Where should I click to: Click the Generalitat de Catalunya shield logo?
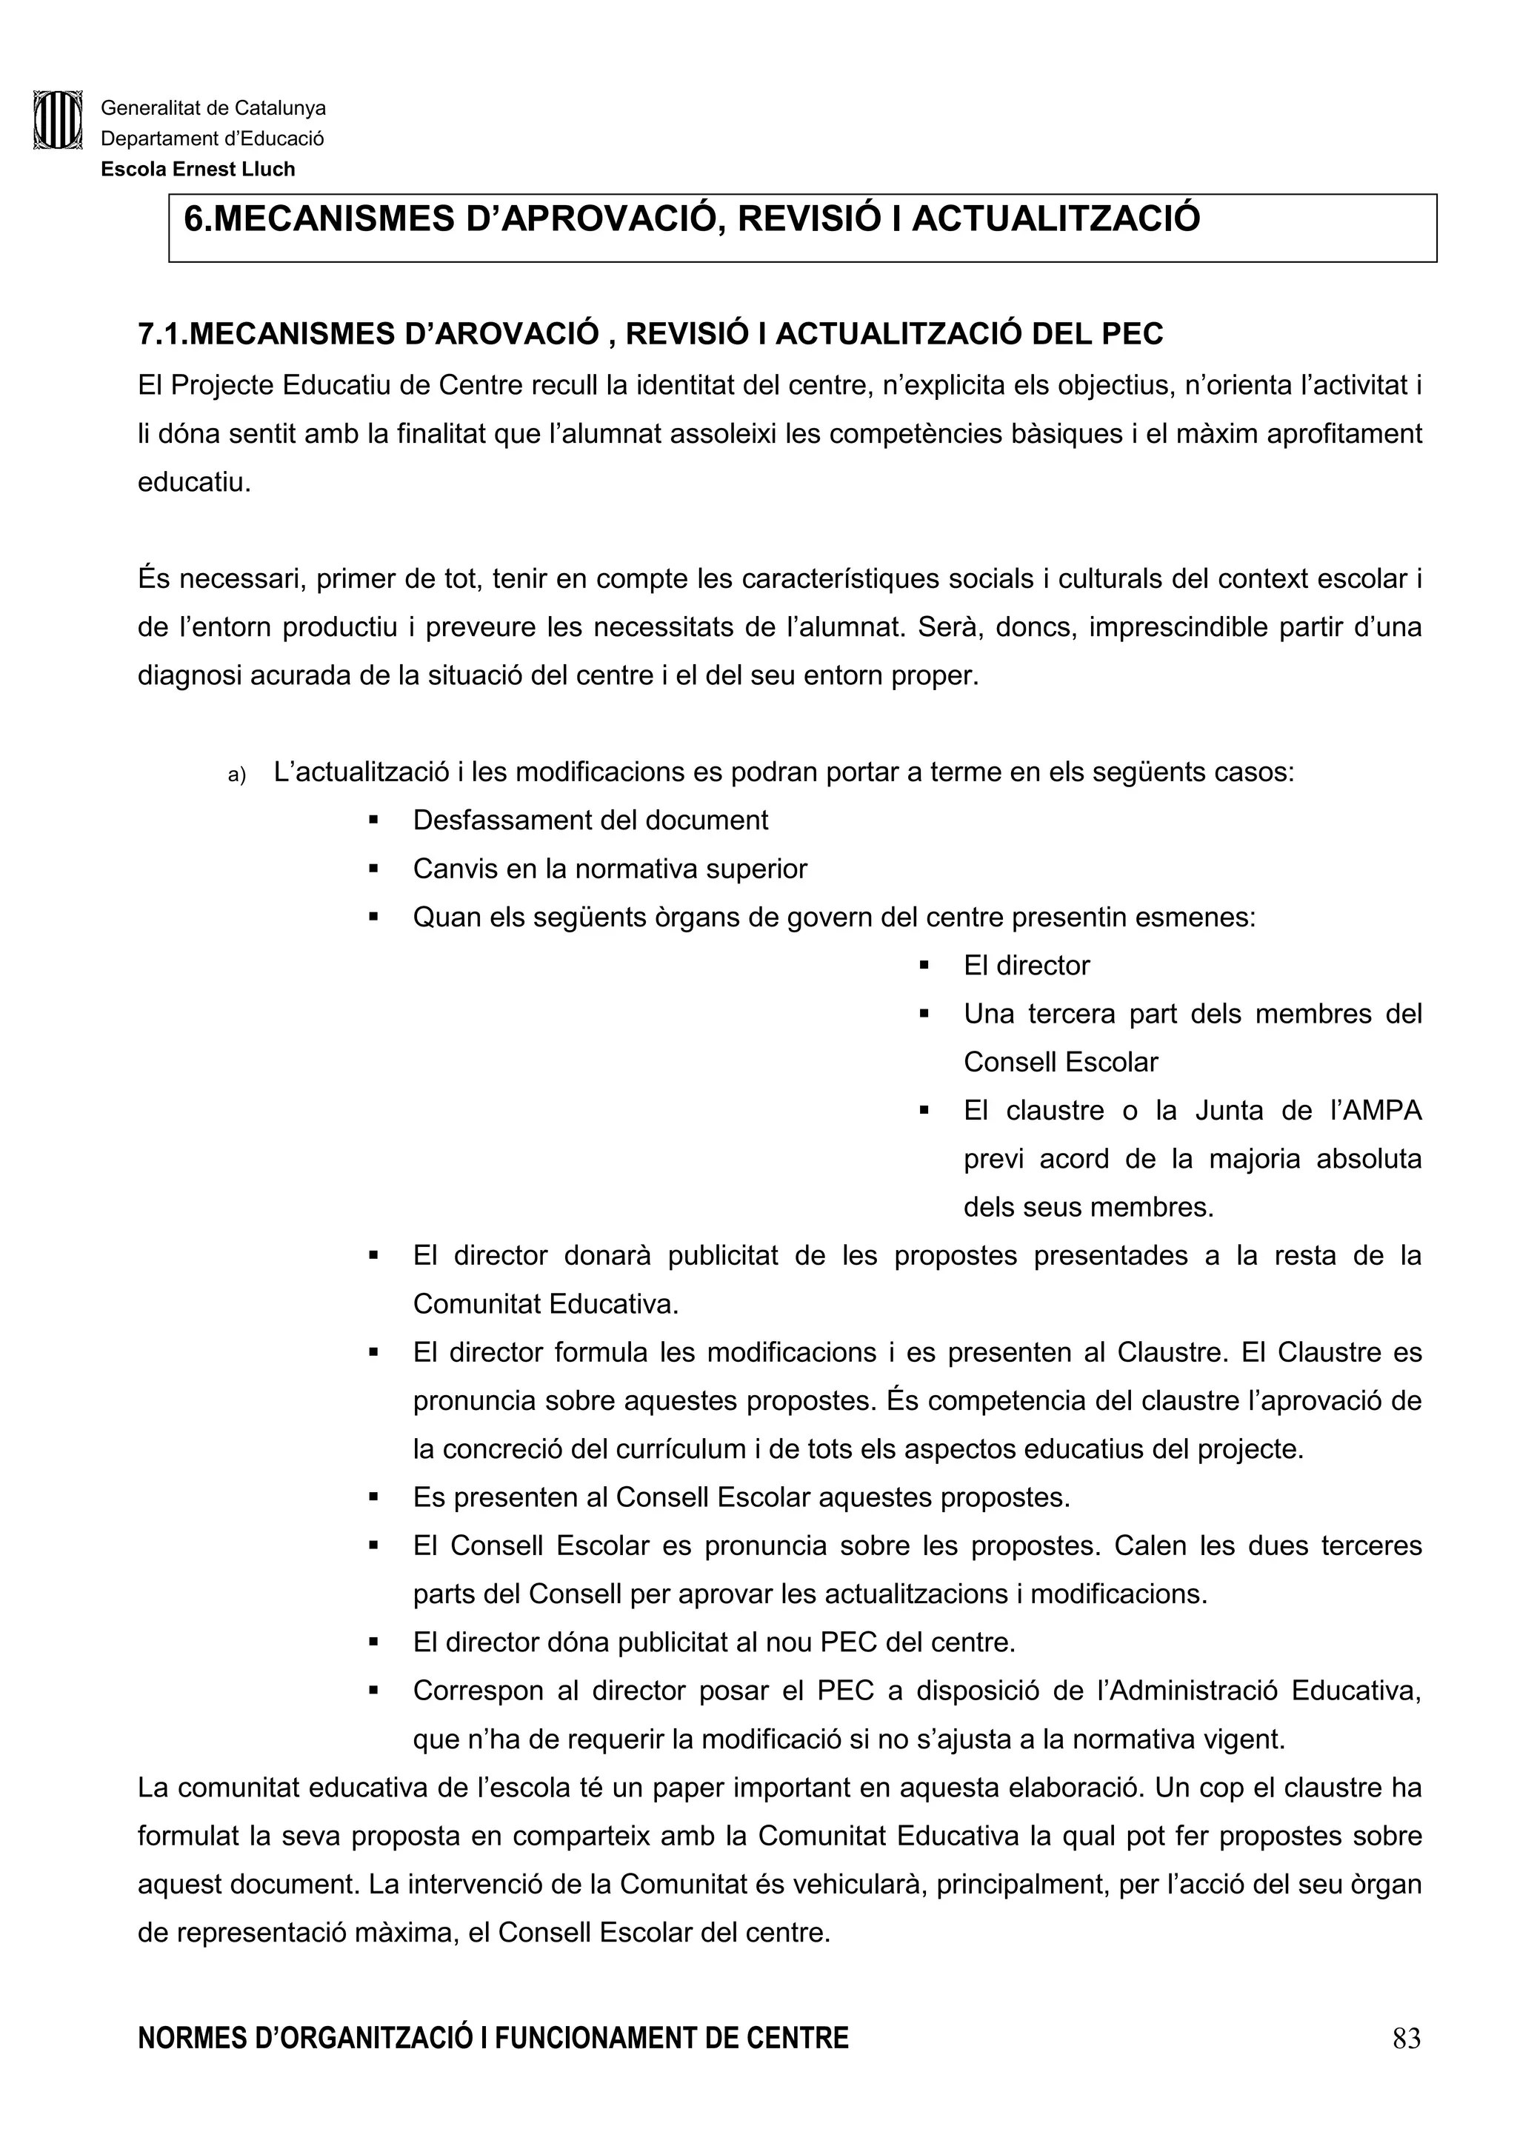58,120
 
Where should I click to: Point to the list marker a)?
236,775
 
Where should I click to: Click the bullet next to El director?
924,966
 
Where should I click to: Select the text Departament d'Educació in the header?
212,139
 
